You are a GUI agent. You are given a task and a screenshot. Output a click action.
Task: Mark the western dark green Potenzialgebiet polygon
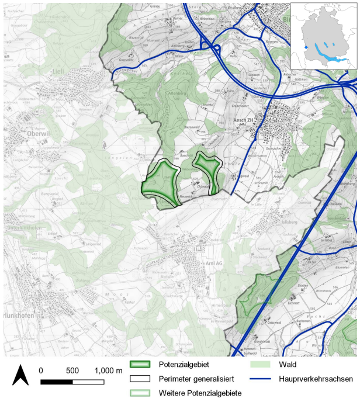[x=159, y=182]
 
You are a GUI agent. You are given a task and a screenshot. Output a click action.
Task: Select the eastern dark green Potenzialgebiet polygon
[x=207, y=173]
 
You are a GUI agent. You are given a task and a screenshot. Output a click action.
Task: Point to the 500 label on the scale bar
[x=72, y=371]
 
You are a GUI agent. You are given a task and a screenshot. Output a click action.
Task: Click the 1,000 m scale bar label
[x=108, y=371]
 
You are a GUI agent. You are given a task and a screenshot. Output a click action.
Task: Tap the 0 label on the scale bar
[x=41, y=371]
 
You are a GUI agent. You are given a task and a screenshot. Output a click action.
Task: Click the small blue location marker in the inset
[x=305, y=48]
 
